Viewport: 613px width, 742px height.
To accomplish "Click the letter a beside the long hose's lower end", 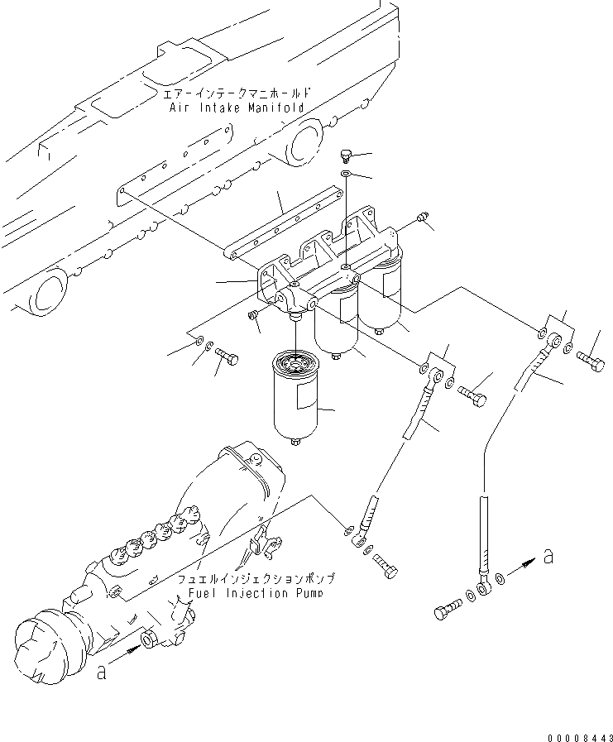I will point(548,557).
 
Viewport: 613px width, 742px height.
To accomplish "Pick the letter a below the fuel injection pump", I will point(101,673).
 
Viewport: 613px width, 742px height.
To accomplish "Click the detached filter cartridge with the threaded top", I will point(295,397).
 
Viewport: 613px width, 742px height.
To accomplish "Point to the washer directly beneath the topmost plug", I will point(344,174).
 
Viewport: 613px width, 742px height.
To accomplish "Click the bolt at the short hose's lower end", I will point(386,569).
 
